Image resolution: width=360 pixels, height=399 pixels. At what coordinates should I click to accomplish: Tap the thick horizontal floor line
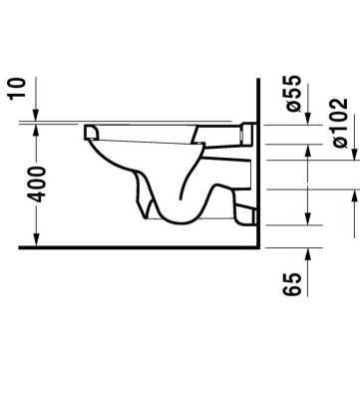tap(140, 245)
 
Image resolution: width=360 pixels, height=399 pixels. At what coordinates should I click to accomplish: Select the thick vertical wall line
tap(258, 160)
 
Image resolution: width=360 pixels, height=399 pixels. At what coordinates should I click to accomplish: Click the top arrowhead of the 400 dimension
tap(36, 127)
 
